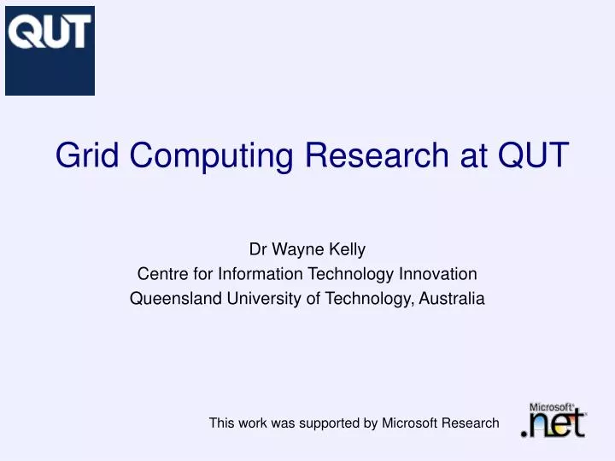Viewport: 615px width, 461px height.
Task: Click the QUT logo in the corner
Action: tap(50, 50)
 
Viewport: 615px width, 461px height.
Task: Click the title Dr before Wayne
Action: tap(257, 250)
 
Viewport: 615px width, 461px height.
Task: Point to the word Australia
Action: tap(455, 299)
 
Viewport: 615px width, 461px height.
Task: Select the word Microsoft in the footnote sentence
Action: tap(409, 423)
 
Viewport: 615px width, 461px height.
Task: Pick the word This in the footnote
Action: tap(222, 423)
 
